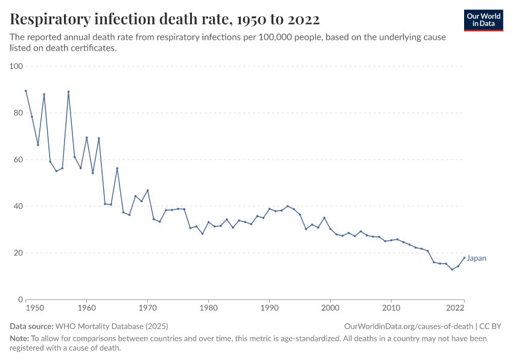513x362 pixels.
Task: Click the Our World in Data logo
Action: click(483, 20)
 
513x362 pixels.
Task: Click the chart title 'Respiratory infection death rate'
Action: click(165, 19)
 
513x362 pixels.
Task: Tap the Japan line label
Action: click(476, 258)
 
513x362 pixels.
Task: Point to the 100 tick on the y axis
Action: click(15, 66)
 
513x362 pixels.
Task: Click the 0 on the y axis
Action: click(19, 299)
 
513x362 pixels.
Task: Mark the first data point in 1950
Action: click(26, 91)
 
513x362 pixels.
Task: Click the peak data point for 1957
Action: click(68, 92)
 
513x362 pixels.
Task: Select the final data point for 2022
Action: click(464, 258)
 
